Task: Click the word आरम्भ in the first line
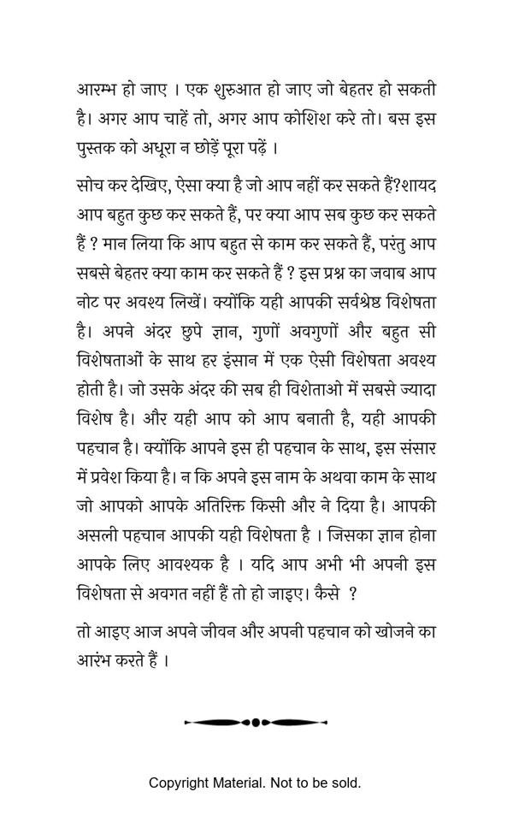(x=94, y=90)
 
